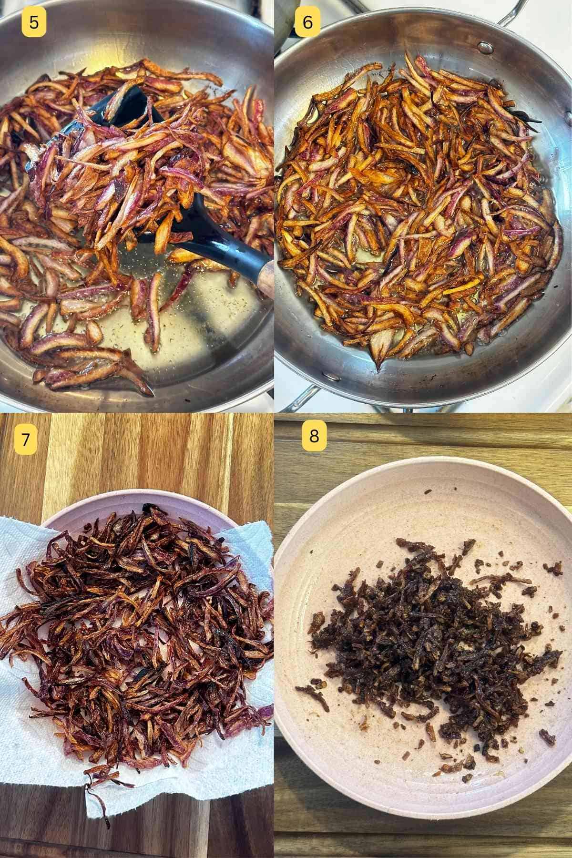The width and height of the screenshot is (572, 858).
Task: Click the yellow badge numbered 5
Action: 34,22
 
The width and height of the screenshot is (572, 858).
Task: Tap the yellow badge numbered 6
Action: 307,22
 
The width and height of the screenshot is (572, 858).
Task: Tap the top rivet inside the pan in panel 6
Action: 485,47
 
